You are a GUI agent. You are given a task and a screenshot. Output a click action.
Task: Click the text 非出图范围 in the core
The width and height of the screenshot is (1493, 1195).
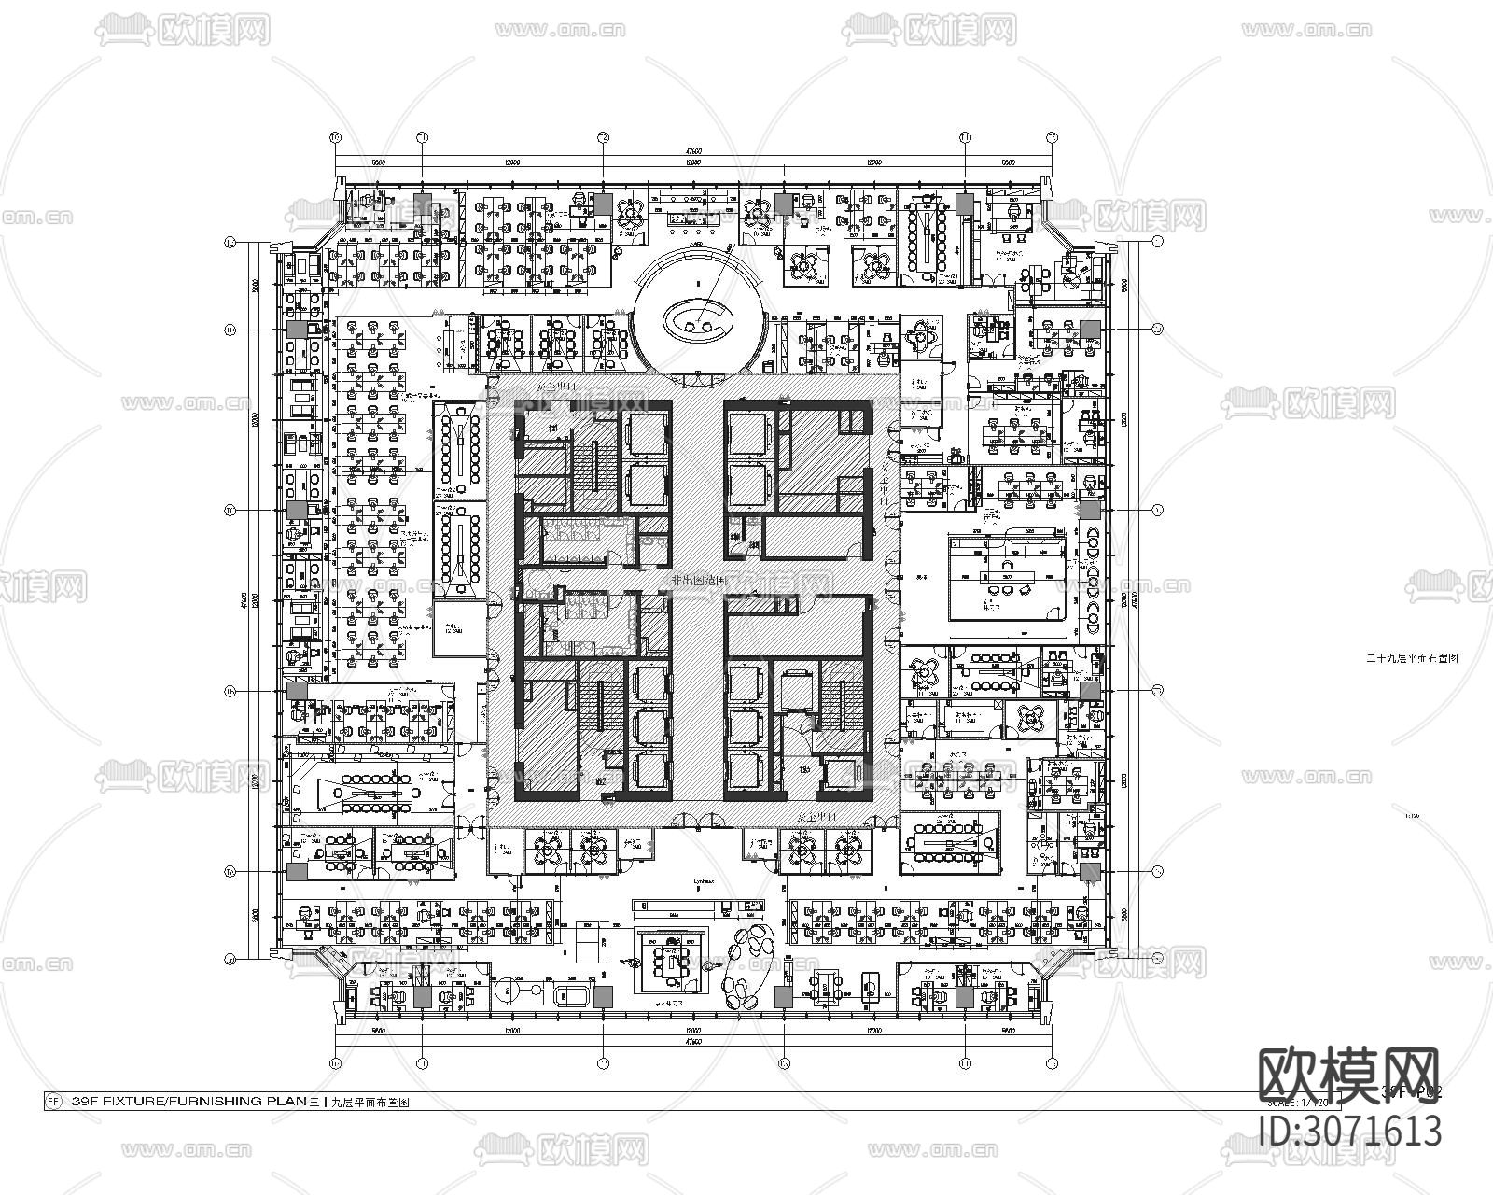[696, 581]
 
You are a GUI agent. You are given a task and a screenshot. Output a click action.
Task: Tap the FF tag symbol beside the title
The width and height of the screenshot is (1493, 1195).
[52, 1102]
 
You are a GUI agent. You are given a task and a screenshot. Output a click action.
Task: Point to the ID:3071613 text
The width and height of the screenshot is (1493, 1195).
[1349, 1131]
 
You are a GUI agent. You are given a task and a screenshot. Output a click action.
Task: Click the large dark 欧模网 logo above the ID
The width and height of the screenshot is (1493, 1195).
[1349, 1075]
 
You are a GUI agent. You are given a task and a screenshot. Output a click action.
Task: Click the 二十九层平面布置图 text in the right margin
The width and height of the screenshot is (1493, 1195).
[1411, 658]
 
